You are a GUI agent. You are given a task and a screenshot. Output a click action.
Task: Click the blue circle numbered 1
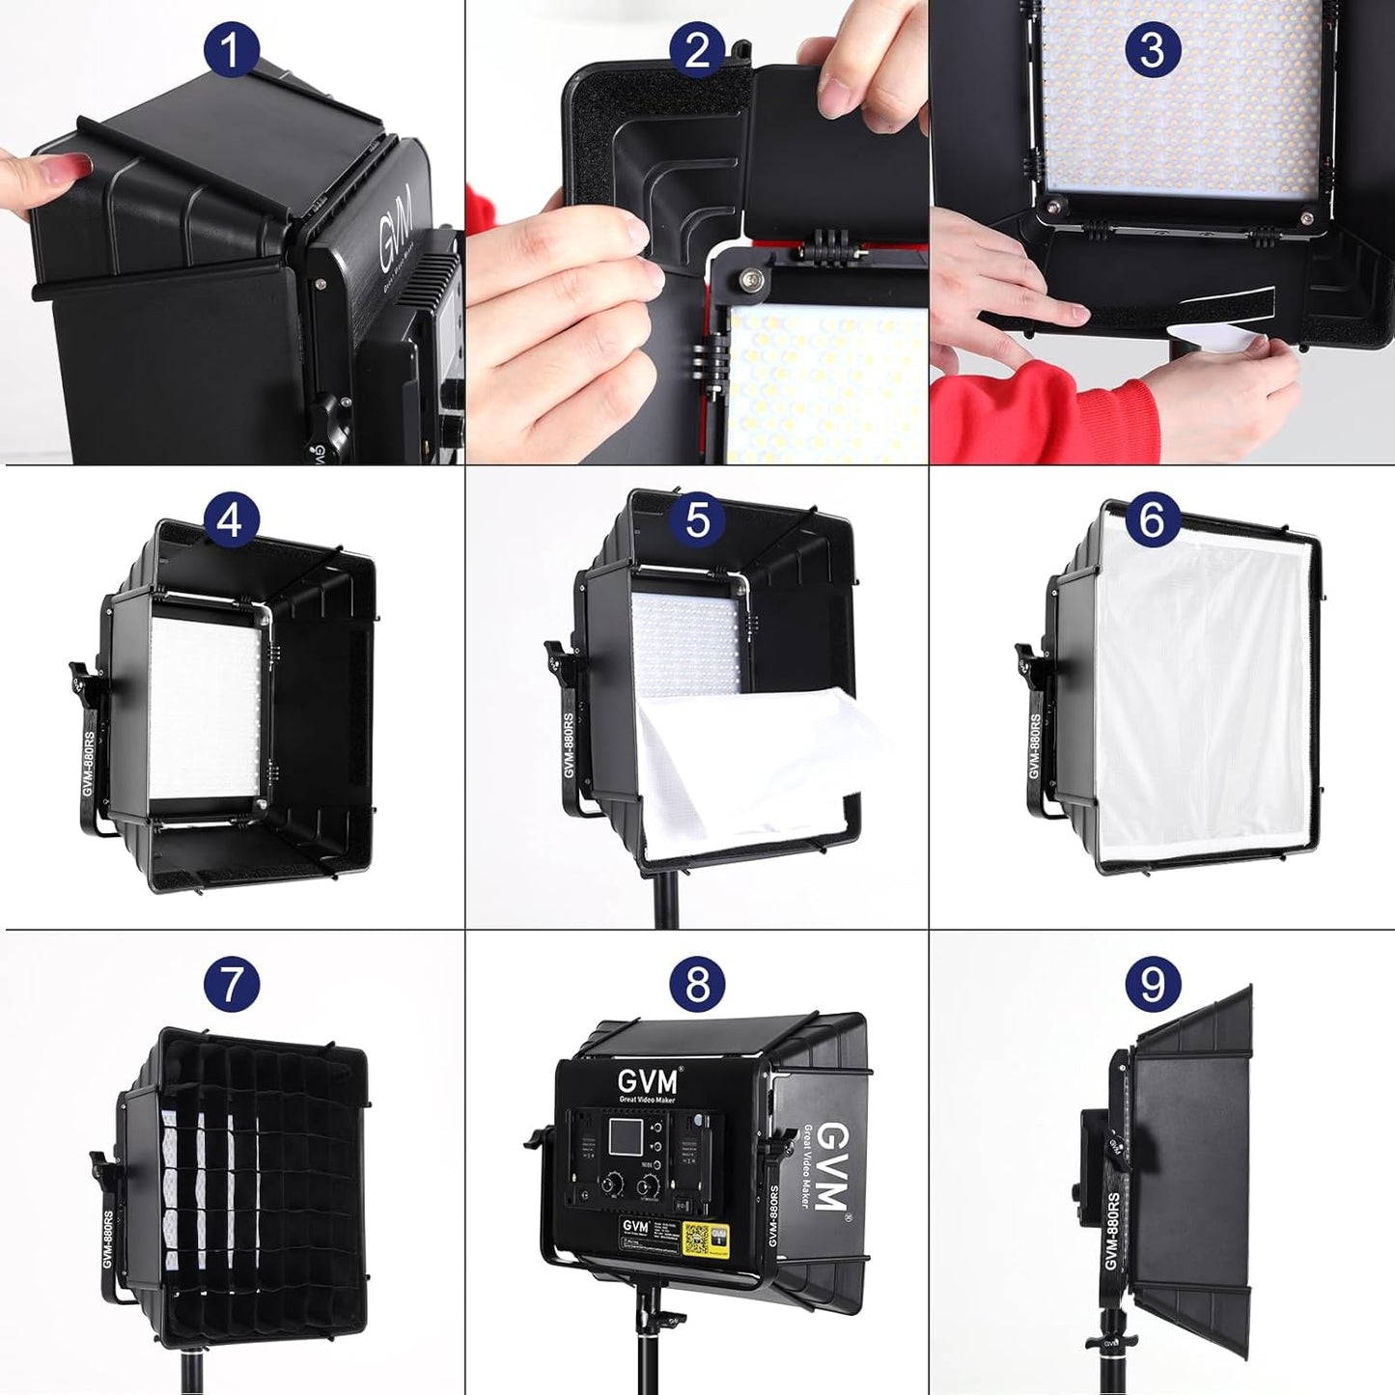coord(230,49)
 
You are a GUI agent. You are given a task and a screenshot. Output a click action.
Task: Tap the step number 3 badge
coord(1153,49)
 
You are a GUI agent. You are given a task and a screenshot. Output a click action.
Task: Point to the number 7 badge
coord(230,984)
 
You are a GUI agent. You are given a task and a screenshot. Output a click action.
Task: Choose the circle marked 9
coord(1153,984)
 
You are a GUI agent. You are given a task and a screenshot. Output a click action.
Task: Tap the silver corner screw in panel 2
coord(751,280)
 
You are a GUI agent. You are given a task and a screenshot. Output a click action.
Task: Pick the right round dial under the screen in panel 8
coord(655,1184)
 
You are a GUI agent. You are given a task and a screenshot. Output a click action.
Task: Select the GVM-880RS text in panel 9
coord(1112,1232)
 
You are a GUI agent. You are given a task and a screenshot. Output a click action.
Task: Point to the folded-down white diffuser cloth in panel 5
coord(753,763)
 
